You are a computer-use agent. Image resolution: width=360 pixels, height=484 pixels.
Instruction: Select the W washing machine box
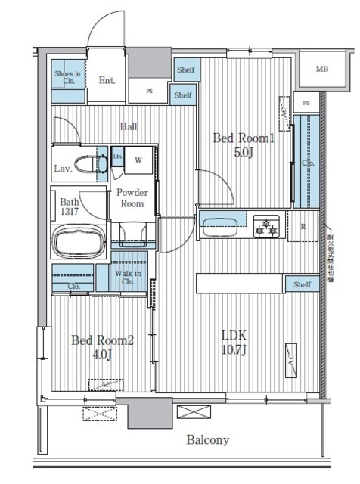(138, 160)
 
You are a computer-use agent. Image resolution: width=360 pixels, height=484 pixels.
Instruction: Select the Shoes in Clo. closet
(67, 79)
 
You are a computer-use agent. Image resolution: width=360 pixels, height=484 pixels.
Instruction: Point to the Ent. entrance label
(107, 79)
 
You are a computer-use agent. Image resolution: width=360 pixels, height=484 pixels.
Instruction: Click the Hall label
(129, 126)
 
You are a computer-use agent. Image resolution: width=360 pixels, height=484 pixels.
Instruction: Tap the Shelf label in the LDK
(302, 284)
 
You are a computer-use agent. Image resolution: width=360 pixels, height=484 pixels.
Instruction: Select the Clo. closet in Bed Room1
(308, 163)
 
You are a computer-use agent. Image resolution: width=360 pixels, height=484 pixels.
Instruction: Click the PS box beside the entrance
(149, 92)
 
